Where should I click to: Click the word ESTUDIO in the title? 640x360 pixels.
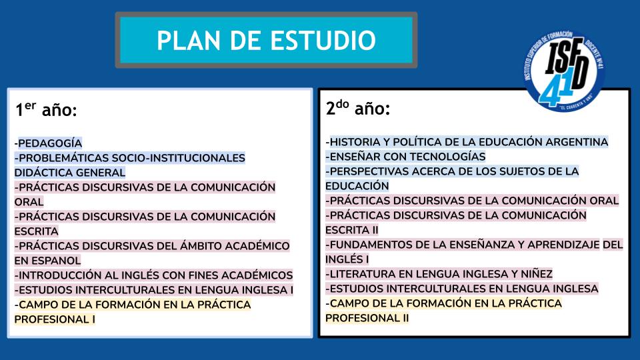pos(323,40)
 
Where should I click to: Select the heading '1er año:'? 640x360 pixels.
pos(46,109)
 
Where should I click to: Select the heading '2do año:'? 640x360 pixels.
pos(358,108)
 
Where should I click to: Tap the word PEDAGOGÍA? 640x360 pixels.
pos(50,143)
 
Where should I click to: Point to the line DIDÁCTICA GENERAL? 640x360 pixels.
pos(70,173)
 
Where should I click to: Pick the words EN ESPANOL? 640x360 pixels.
pos(48,261)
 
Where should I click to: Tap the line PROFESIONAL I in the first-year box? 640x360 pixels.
pos(55,319)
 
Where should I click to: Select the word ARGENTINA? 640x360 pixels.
pos(577,142)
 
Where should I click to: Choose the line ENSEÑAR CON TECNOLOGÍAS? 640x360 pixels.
pos(407,157)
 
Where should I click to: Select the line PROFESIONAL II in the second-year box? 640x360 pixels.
pos(367,318)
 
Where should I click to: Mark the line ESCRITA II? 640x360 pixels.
pos(352,230)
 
